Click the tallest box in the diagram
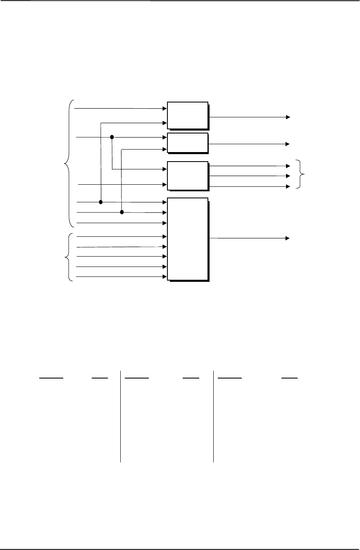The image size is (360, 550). (188, 240)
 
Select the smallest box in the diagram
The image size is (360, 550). (188, 143)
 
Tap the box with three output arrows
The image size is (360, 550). (188, 176)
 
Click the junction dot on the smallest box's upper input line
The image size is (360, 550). (112, 137)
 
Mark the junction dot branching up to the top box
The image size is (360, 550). (101, 202)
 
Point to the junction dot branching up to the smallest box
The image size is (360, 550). (122, 212)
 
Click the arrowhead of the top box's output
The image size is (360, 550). (288, 117)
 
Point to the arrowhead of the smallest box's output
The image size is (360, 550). (288, 144)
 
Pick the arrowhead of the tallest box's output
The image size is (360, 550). (288, 238)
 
